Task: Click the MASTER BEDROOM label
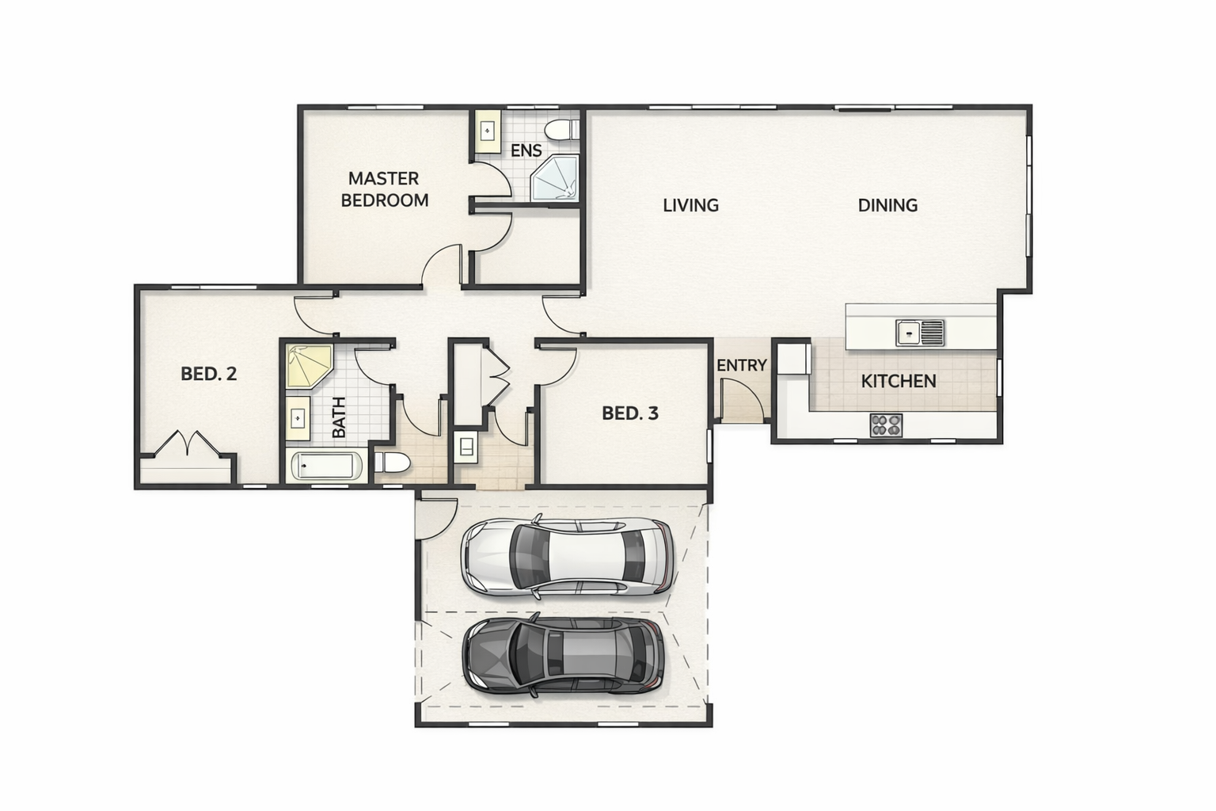(x=384, y=189)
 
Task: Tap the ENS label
(x=526, y=150)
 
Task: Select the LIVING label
(x=690, y=205)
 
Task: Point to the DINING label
(x=887, y=205)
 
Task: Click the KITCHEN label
(x=899, y=381)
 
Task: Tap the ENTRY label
(x=742, y=366)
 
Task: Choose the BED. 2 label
(x=208, y=374)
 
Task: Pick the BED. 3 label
(x=629, y=413)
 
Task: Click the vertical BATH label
(x=338, y=417)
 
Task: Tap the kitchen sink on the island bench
(x=920, y=333)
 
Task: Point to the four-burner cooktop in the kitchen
(x=886, y=425)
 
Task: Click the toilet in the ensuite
(x=562, y=131)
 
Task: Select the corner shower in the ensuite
(x=554, y=177)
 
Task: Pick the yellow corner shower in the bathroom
(x=308, y=365)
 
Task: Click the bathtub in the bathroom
(x=327, y=466)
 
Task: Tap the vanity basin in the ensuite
(x=488, y=131)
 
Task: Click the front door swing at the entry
(x=743, y=398)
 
